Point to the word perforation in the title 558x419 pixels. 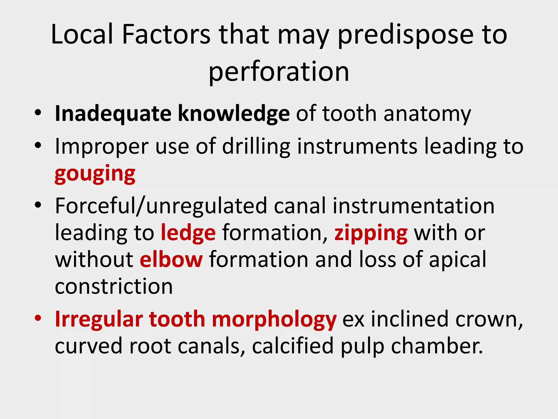tap(279, 72)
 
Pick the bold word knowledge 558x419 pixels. tap(233, 114)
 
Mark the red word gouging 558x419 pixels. tap(95, 175)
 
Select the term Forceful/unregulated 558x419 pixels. tap(161, 206)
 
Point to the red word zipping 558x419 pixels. tap(371, 234)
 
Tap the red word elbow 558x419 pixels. tap(171, 259)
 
